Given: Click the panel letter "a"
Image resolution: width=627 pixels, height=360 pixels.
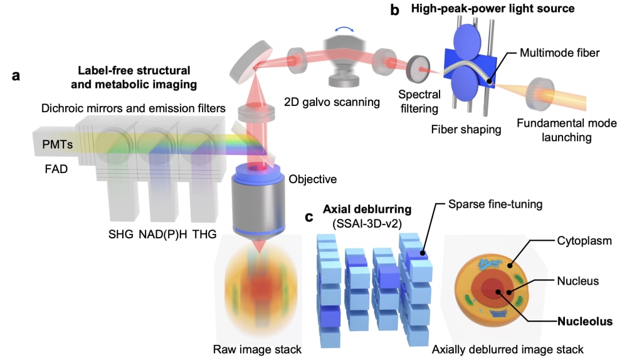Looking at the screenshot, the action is [16, 76].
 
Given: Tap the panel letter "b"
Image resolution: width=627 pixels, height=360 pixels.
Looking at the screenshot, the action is [394, 9].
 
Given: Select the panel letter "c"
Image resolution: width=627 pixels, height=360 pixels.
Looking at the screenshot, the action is [308, 216].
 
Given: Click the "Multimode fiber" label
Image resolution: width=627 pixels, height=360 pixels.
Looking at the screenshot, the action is [559, 53].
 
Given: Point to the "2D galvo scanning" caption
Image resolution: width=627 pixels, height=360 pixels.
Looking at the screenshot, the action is [332, 102].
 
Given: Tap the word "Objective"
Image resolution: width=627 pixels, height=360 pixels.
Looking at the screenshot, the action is [313, 179].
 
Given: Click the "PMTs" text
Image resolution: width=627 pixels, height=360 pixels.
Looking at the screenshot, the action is [58, 144].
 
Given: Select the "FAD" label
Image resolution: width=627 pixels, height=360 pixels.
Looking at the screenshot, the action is [56, 169].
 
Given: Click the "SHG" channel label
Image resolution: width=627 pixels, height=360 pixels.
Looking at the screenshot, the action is [121, 234].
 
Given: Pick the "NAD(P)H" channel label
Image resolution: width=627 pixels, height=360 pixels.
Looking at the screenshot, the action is [163, 235].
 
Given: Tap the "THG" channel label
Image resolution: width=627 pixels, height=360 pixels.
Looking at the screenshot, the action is [204, 234].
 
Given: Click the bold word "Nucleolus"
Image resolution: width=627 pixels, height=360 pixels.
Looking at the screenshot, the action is [585, 321].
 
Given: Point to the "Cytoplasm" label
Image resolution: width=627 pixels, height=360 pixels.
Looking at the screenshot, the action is [584, 241].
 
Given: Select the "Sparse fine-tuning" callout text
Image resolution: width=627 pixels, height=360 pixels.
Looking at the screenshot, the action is [495, 204].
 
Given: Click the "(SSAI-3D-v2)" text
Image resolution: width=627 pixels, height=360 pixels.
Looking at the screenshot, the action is [367, 224].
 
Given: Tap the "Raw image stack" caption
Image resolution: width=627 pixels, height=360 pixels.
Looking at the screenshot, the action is [257, 349].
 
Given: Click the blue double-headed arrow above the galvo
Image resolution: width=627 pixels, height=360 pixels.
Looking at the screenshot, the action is [344, 28].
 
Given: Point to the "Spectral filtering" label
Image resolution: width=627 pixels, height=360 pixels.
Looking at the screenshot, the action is [419, 102].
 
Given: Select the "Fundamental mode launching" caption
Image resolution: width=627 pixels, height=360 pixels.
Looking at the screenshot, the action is [567, 130].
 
